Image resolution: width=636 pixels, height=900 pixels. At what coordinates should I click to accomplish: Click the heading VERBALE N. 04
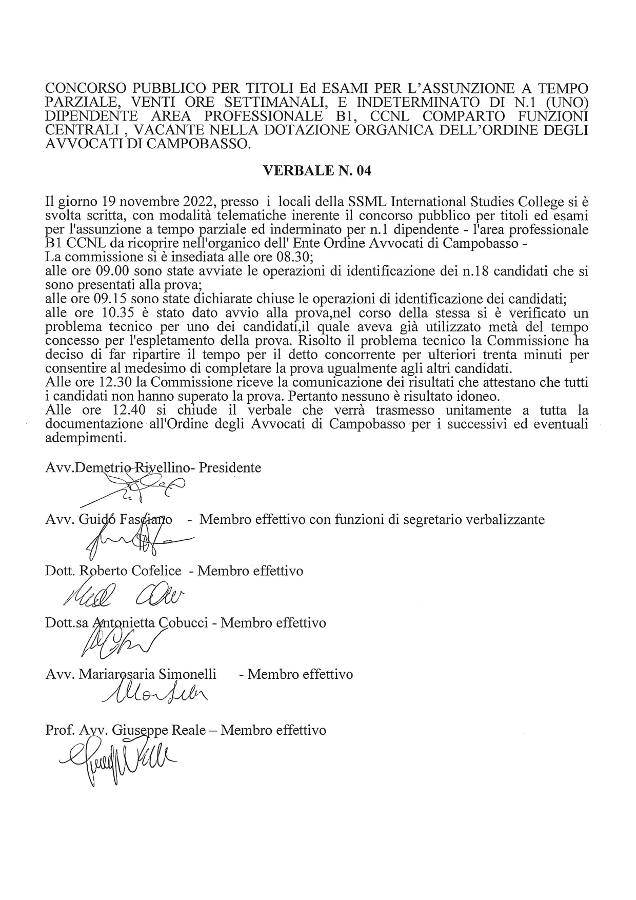click(x=317, y=171)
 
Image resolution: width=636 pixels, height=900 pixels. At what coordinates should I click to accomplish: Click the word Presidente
click(x=230, y=468)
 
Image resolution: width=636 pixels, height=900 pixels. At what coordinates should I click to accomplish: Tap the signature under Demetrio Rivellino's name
click(x=138, y=490)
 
